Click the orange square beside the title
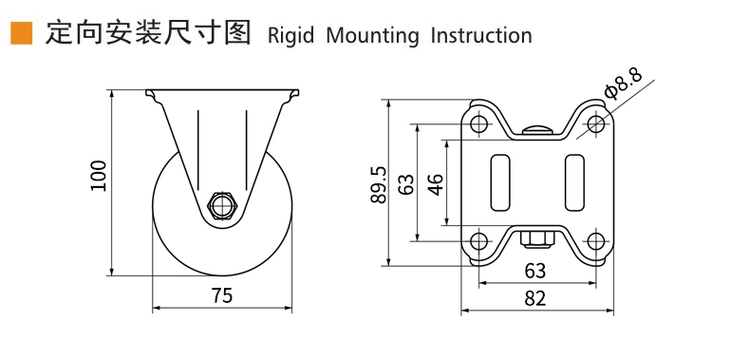pyautogui.click(x=22, y=33)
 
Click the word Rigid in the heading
pyautogui.click(x=290, y=36)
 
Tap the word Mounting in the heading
pyautogui.click(x=372, y=36)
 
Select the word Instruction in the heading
pyautogui.click(x=481, y=36)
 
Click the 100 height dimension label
pyautogui.click(x=99, y=176)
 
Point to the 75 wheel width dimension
pyautogui.click(x=222, y=296)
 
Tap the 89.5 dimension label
pyautogui.click(x=379, y=184)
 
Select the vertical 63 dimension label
pyautogui.click(x=406, y=184)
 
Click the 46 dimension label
pyautogui.click(x=435, y=184)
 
